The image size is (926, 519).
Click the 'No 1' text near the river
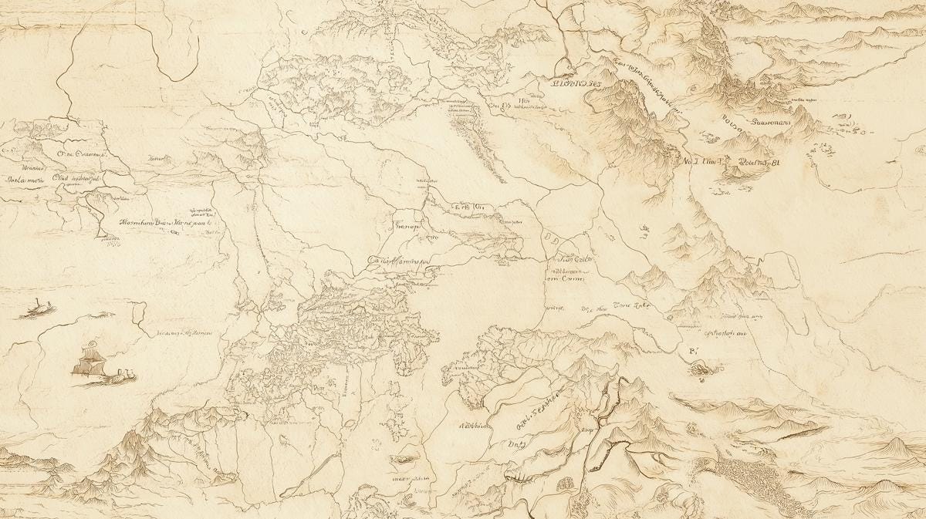pos(693,162)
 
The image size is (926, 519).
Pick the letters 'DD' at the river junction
pos(553,237)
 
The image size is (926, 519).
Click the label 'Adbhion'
pos(475,426)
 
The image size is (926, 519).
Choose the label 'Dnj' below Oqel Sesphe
pos(516,443)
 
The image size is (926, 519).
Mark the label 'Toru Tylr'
pos(631,305)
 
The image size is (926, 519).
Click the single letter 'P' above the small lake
pos(691,351)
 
